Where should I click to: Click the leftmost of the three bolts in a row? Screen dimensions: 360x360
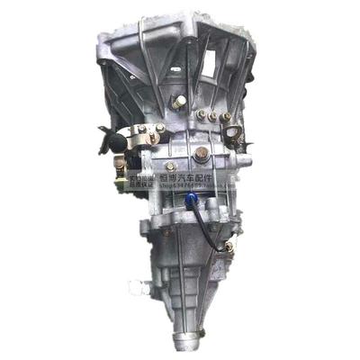[200, 114]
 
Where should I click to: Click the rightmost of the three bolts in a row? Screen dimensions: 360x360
[226, 116]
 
